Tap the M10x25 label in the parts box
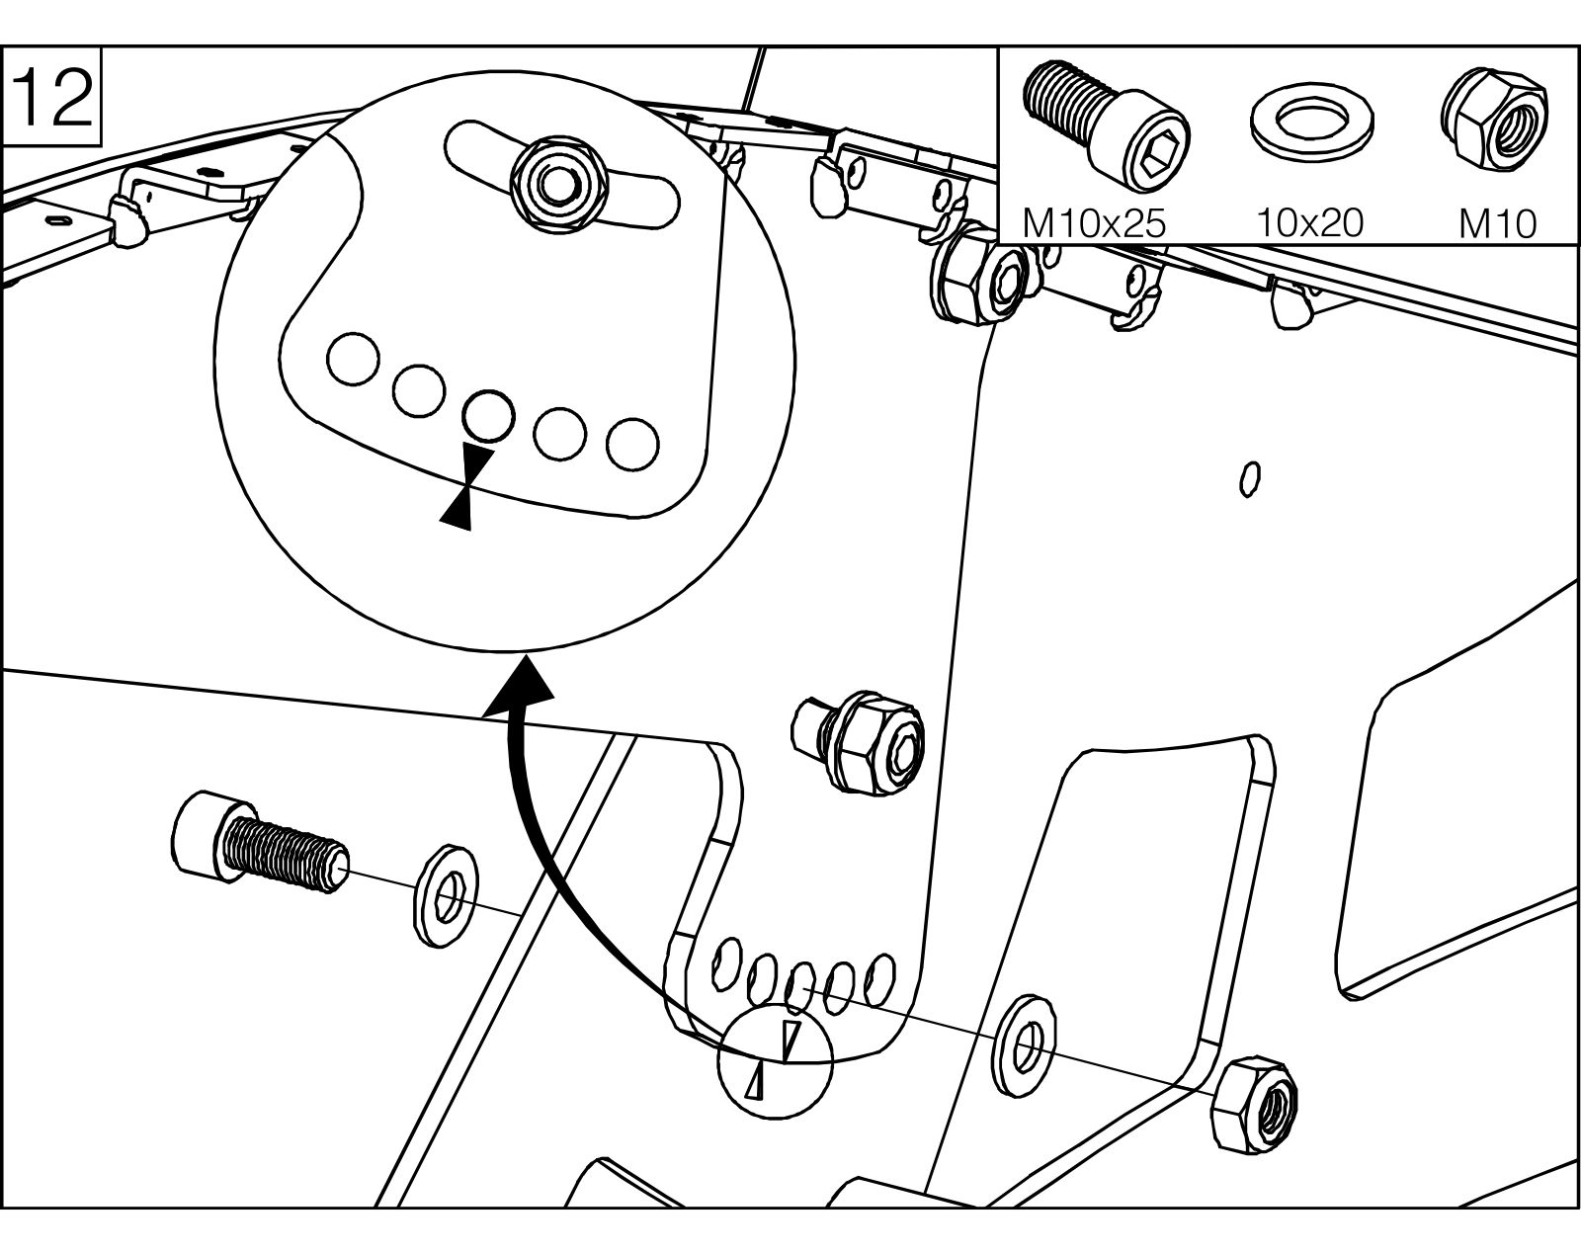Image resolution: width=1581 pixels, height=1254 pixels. [x=1094, y=223]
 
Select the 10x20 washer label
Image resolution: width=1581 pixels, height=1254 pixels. [x=1309, y=223]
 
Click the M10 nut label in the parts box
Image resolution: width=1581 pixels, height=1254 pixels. [x=1497, y=224]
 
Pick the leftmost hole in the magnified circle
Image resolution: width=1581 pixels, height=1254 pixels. [x=353, y=360]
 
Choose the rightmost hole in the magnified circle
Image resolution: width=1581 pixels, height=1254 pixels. [x=633, y=444]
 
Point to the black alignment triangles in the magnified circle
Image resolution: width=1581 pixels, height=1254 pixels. [x=466, y=485]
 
